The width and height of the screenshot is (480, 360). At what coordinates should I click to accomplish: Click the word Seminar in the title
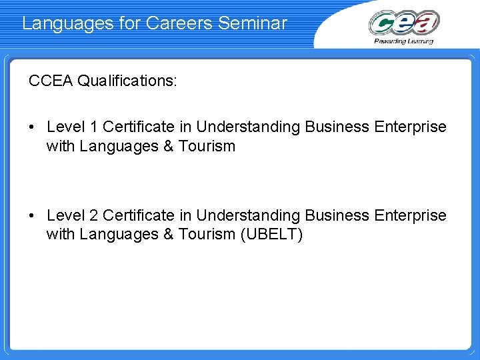253,23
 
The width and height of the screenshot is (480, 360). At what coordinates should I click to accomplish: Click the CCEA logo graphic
404,23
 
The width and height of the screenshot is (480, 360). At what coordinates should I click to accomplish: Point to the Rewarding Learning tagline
404,41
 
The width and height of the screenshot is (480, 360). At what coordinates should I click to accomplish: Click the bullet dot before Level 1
33,127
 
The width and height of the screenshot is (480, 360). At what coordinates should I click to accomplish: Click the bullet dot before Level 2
33,215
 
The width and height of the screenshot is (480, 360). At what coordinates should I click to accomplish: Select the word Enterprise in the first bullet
409,127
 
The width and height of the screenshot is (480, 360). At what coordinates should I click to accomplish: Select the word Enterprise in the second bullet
409,215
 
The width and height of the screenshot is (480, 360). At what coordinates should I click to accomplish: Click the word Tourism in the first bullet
207,146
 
